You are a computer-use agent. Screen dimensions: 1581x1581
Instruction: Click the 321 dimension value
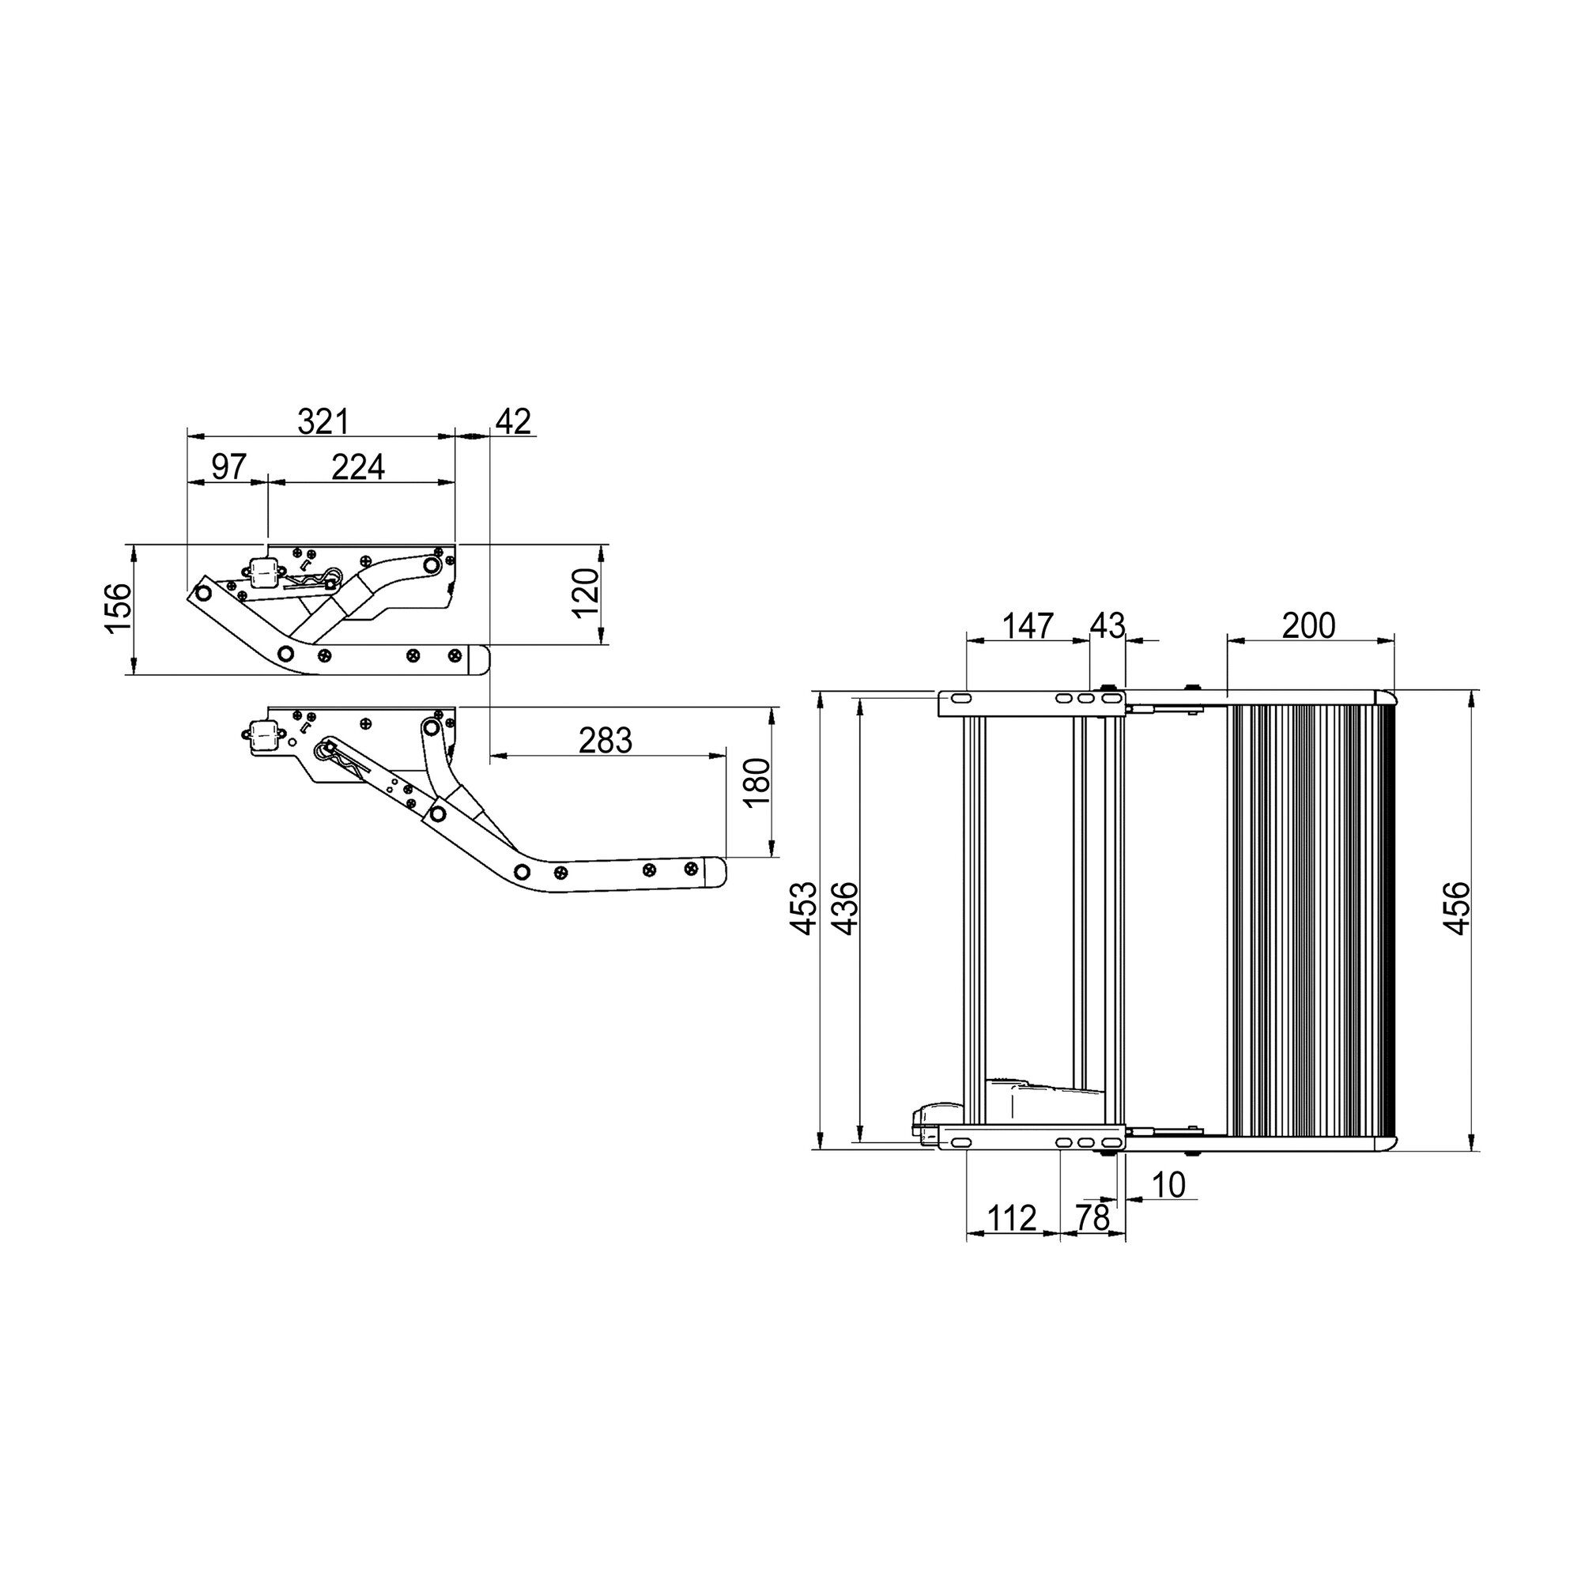coord(323,422)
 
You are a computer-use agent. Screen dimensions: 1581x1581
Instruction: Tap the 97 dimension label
coord(229,467)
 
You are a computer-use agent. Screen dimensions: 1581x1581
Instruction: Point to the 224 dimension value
coord(358,467)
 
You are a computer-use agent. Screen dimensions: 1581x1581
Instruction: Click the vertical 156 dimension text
coord(118,607)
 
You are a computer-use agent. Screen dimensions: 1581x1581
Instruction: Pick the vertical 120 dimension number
coord(586,594)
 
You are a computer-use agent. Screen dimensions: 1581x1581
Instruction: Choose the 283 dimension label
coord(606,741)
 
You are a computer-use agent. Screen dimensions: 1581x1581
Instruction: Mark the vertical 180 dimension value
coord(758,783)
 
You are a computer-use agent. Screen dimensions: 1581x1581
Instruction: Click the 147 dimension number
coord(1028,626)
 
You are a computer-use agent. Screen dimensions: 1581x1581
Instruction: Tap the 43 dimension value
coord(1108,626)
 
